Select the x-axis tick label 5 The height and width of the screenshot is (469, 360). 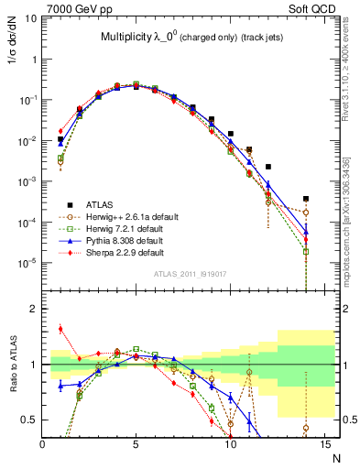[x=136, y=446]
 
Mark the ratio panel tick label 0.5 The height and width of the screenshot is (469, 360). [x=30, y=420]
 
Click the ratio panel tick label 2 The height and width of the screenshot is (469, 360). [x=34, y=309]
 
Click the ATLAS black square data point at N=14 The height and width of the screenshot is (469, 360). [x=306, y=199]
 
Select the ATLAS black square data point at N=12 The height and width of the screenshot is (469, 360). [x=268, y=167]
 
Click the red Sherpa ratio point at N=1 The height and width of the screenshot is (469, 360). [x=61, y=329]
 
